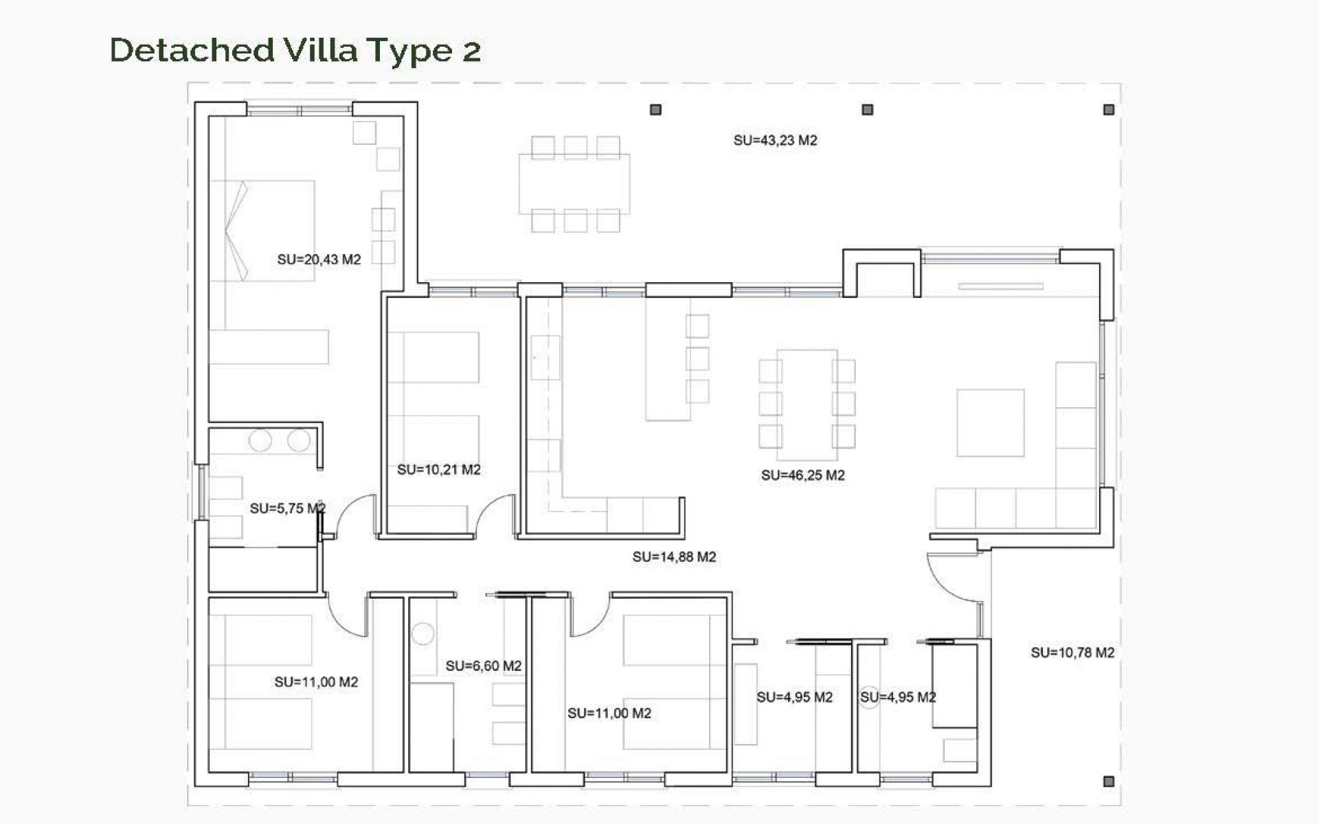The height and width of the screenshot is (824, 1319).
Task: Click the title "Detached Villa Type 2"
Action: pos(295,50)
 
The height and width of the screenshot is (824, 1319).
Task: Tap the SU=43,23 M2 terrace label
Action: pos(775,141)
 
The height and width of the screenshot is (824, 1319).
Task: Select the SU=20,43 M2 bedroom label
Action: pos(319,260)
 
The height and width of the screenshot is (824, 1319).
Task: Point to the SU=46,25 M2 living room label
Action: pos(802,475)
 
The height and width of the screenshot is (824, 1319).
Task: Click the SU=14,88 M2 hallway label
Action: pos(674,557)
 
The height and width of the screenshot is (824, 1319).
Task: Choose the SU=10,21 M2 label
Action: pos(438,470)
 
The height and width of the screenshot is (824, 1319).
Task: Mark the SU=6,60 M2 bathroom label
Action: pos(483,666)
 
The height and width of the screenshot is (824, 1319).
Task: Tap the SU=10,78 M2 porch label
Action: pos(1072,652)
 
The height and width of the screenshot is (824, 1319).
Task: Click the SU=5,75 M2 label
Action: pos(287,509)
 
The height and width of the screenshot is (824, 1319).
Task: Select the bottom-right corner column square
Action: pos(1108,781)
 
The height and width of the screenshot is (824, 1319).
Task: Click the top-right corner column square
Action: pos(1108,110)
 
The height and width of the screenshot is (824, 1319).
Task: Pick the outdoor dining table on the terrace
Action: pos(574,184)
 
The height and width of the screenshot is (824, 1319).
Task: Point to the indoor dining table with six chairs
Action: pos(807,405)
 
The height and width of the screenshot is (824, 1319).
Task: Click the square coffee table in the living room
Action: pos(990,423)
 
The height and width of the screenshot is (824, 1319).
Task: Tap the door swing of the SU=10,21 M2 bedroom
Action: pos(496,515)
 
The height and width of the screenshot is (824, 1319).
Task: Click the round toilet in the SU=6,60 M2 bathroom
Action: pos(422,633)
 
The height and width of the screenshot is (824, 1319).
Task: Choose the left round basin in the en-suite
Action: pos(260,440)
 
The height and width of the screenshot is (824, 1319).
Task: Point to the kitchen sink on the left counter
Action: pos(545,357)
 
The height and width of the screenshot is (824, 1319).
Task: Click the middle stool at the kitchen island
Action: pos(697,358)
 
